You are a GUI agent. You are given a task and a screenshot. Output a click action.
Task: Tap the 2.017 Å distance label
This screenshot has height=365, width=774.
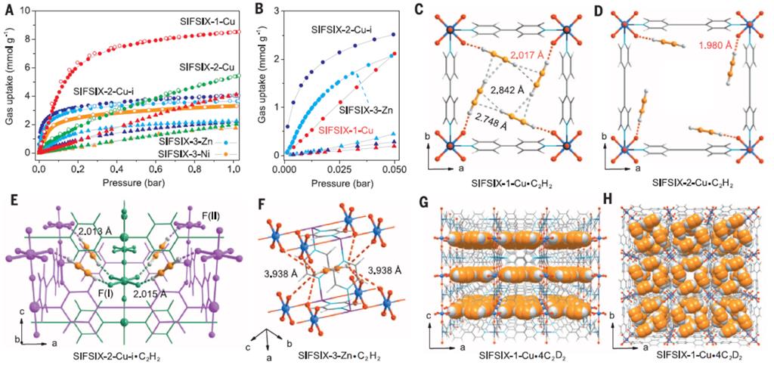pos(525,55)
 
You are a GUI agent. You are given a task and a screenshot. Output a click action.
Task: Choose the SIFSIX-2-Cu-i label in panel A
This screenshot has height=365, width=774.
pos(106,91)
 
